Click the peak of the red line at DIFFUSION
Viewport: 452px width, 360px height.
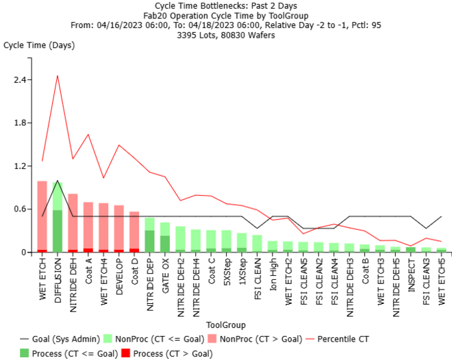point(58,76)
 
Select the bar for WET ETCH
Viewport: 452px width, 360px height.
point(42,216)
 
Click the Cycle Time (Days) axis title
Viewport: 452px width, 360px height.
point(39,46)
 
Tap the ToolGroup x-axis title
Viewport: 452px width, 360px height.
point(225,325)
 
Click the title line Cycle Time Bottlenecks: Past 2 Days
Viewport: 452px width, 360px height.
point(227,5)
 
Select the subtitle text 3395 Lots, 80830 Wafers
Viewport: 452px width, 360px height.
point(227,34)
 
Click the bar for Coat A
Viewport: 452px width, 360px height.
point(88,227)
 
